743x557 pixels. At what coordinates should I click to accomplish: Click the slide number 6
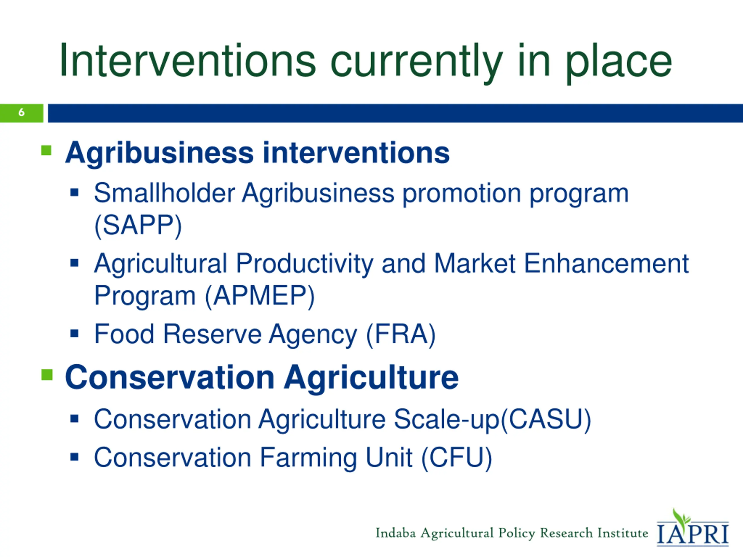tap(21, 112)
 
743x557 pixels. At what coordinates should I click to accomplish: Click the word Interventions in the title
tap(188, 61)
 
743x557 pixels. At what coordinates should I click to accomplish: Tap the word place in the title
tap(619, 64)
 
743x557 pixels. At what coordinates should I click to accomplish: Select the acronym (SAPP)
tap(138, 226)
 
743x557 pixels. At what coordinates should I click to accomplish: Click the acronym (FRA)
tap(401, 334)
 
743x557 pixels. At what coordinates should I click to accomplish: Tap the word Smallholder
tap(164, 193)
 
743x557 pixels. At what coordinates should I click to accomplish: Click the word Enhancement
tap(606, 263)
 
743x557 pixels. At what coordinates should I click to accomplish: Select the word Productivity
tap(304, 265)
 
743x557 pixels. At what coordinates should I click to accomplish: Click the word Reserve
tap(212, 334)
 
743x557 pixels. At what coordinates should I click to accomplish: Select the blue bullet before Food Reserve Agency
tap(74, 333)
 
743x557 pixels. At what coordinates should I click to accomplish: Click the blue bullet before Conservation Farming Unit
tap(74, 457)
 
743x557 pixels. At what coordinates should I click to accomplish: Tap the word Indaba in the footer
tap(396, 533)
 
